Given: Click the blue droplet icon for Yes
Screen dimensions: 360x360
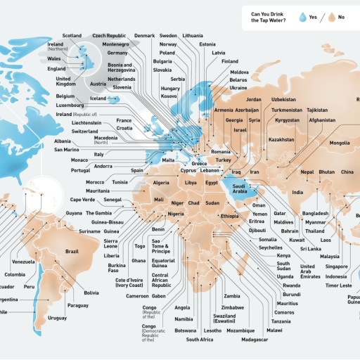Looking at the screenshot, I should [302, 17].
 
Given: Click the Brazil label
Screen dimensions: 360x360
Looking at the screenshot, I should [72, 251].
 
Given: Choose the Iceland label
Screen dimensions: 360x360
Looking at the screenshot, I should [98, 98].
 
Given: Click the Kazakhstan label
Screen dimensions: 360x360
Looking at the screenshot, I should [281, 139].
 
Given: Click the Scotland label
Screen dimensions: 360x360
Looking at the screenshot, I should [72, 35].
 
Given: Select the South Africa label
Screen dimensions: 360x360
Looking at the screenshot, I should [200, 340].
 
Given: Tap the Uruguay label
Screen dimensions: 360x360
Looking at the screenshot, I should [58, 318].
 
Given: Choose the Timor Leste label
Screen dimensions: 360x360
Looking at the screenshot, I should [336, 285].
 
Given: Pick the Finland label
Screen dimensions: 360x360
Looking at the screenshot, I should [230, 61].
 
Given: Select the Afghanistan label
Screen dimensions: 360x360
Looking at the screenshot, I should [322, 120].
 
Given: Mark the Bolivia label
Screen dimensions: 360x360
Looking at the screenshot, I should [91, 292].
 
